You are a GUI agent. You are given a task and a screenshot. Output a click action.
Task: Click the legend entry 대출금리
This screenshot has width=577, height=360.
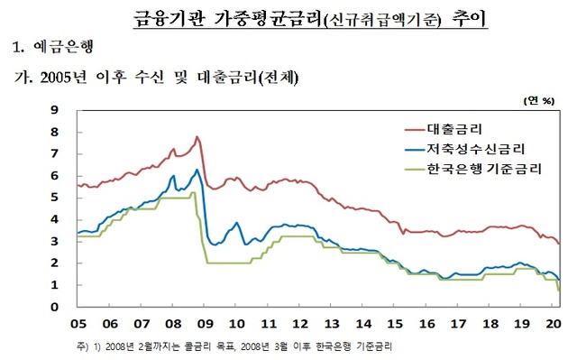463,130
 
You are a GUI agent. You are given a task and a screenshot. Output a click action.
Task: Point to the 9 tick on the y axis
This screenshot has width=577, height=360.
55,110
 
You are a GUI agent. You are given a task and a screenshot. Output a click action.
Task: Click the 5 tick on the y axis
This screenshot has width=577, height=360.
55,198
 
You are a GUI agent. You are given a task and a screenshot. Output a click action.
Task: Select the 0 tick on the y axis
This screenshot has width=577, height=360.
55,308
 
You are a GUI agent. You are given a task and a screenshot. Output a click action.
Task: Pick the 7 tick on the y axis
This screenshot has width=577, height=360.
55,154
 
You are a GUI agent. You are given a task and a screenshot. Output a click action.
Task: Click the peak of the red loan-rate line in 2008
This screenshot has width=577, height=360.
197,137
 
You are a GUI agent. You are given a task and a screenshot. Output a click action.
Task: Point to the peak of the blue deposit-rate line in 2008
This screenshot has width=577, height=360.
197,170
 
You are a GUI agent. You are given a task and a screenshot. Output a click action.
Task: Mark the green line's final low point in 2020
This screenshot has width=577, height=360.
558,291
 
